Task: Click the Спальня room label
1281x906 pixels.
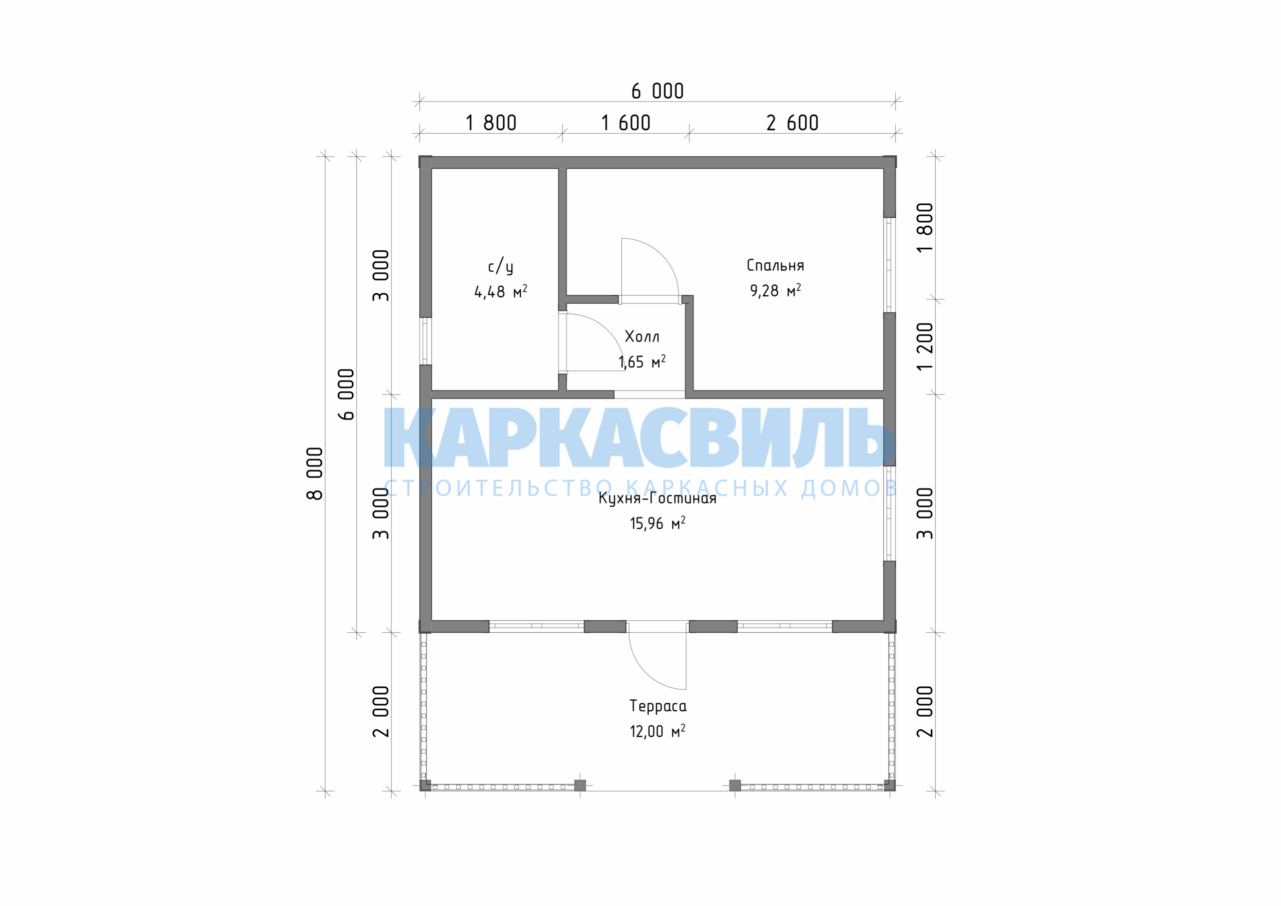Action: (775, 265)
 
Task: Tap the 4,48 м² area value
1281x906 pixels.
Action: (500, 291)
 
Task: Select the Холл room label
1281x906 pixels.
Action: (642, 336)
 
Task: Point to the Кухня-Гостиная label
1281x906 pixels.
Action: (657, 498)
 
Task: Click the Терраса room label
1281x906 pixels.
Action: (658, 706)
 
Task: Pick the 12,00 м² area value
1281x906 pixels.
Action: (657, 731)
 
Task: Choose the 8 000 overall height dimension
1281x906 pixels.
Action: (315, 474)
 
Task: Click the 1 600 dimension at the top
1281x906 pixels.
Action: (625, 123)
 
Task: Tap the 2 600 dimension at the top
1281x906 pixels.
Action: (792, 123)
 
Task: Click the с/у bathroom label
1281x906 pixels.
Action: (500, 266)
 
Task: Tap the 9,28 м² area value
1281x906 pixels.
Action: (775, 290)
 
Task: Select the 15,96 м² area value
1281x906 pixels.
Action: (657, 523)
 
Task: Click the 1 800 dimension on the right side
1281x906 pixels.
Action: (925, 228)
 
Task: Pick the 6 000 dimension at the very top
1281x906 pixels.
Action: (657, 91)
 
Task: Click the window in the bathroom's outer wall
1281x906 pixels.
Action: (426, 341)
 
